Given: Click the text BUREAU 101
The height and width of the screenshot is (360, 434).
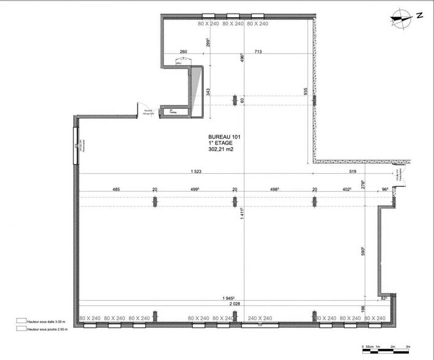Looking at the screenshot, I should coord(223,137).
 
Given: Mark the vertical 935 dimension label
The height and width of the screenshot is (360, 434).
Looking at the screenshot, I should coord(305,91).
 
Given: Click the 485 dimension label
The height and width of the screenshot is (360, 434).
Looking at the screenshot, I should coord(116,190).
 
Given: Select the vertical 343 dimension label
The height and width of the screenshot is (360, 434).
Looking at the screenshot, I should coord(208,92).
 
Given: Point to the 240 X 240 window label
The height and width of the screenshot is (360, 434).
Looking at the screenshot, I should coord(260,318).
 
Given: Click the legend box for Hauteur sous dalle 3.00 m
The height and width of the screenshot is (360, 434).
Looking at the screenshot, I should coord(21,320).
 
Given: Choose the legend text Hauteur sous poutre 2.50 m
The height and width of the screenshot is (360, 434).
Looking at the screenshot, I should coord(51,329).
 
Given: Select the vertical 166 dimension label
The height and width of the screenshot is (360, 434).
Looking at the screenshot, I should coord(363,309).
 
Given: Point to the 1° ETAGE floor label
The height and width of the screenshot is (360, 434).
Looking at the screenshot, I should coord(220,143).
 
